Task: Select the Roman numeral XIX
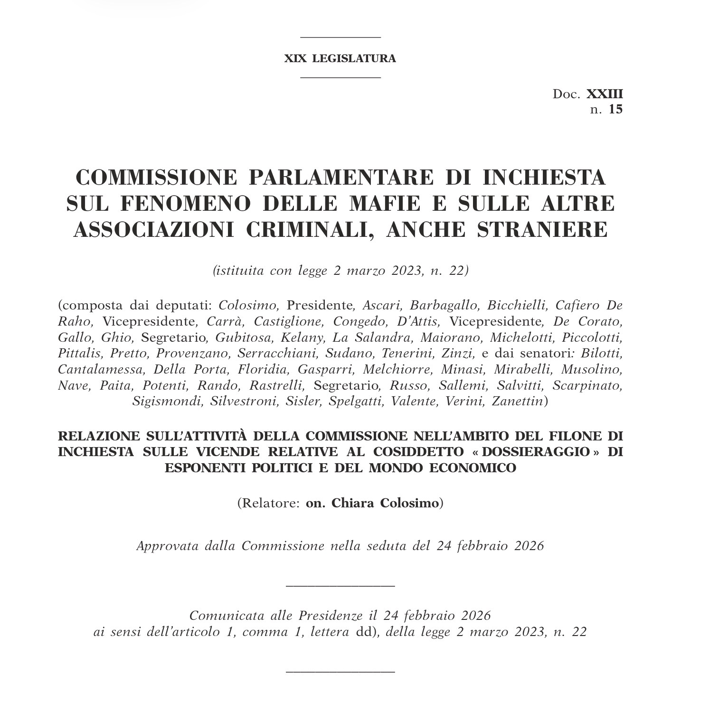point(295,58)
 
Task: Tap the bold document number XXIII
point(605,94)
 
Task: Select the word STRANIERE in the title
point(542,230)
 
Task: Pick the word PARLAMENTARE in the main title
point(340,178)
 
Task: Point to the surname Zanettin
point(518,402)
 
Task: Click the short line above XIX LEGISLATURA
point(340,37)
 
